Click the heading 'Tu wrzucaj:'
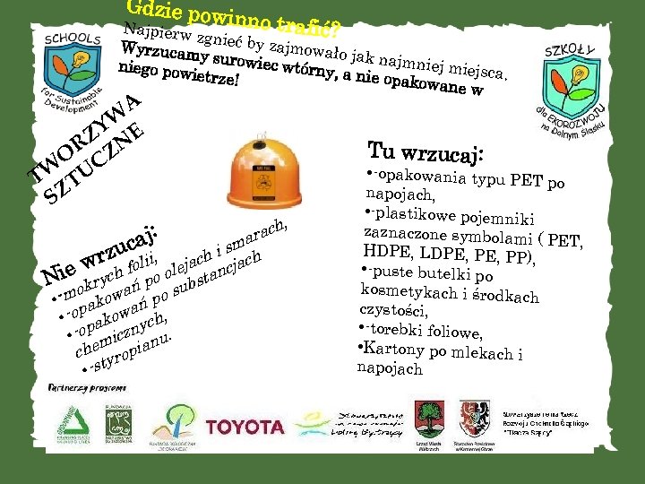point(425,153)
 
